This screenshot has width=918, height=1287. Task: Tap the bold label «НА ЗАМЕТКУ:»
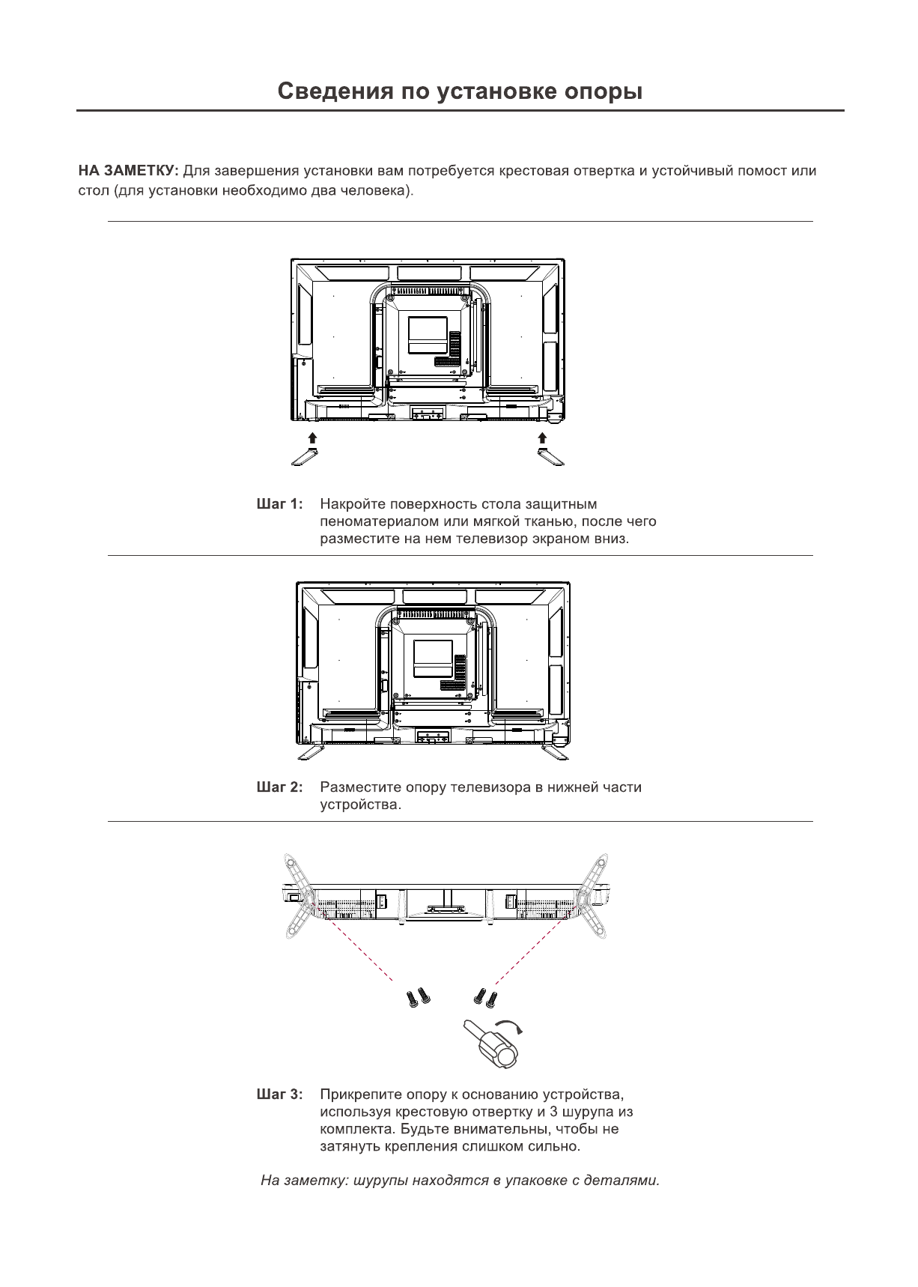(x=128, y=171)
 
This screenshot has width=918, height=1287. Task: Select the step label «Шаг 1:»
(x=279, y=504)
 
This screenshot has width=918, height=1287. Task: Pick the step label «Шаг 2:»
(x=279, y=787)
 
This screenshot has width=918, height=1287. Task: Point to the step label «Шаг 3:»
(x=279, y=1094)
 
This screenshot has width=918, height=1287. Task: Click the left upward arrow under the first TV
(x=313, y=438)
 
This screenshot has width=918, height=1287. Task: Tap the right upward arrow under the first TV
(x=542, y=438)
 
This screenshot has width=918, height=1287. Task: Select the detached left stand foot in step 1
(x=305, y=456)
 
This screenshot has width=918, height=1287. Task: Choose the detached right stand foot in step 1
(x=550, y=456)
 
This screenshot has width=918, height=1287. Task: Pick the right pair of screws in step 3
(x=485, y=997)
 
